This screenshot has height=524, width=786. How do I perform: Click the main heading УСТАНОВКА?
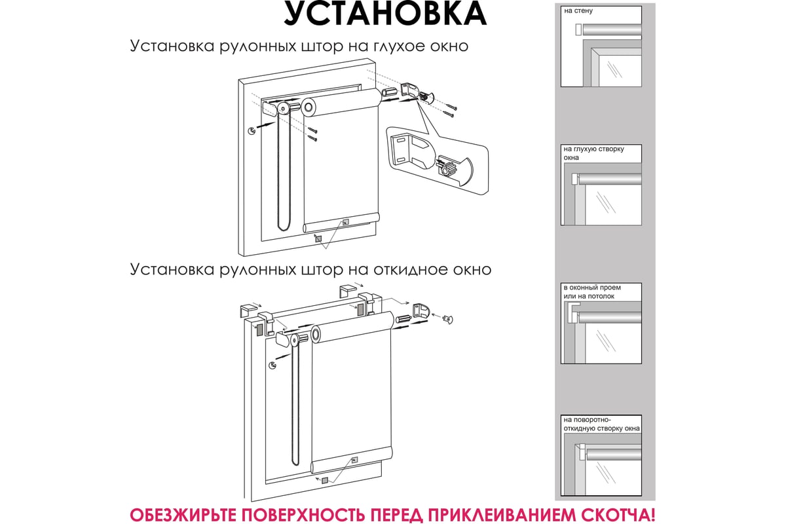(x=385, y=13)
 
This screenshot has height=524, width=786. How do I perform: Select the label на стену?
(x=578, y=11)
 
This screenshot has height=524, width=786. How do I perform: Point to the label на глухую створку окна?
(x=593, y=153)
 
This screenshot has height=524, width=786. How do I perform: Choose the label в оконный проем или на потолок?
(x=592, y=291)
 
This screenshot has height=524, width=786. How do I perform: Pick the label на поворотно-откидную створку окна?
(x=601, y=424)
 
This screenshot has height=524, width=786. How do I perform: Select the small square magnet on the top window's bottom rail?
(x=346, y=222)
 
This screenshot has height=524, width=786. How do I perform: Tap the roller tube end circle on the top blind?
(x=308, y=107)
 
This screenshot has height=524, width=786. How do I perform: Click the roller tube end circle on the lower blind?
(x=316, y=333)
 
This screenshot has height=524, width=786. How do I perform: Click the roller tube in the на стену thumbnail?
(x=612, y=29)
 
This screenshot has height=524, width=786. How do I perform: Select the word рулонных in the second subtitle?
(x=257, y=271)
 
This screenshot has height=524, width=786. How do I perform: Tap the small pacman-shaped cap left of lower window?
(x=272, y=365)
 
